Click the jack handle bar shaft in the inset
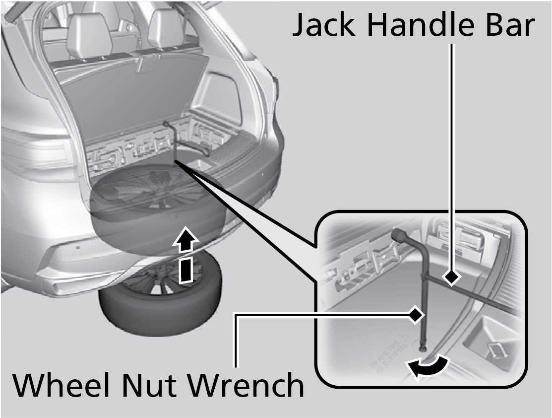(476, 295)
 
